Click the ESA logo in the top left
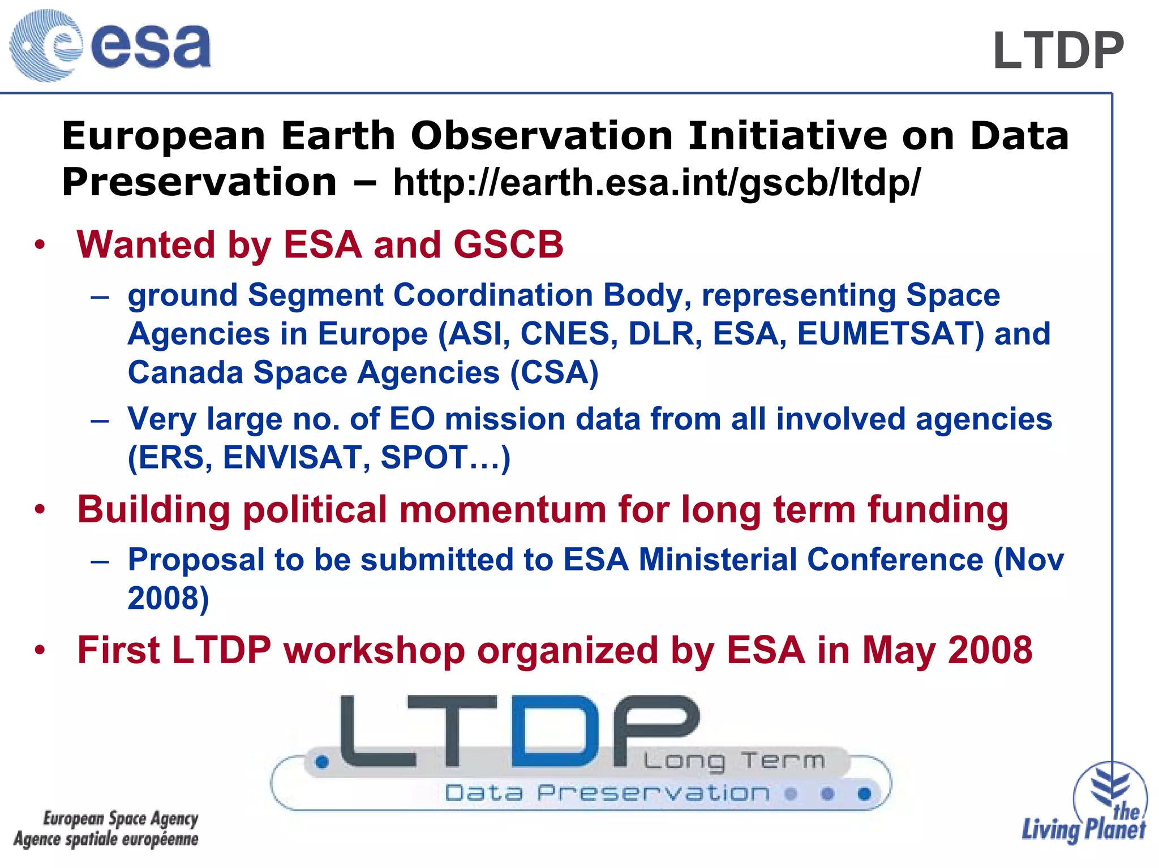[x=110, y=45]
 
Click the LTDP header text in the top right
[x=1058, y=51]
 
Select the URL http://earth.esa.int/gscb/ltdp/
[x=656, y=183]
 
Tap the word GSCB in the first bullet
[x=508, y=245]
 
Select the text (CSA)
[x=554, y=373]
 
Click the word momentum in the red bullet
[x=502, y=509]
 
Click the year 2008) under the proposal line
[x=168, y=598]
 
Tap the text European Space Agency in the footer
[x=121, y=818]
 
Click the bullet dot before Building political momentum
[x=39, y=509]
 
